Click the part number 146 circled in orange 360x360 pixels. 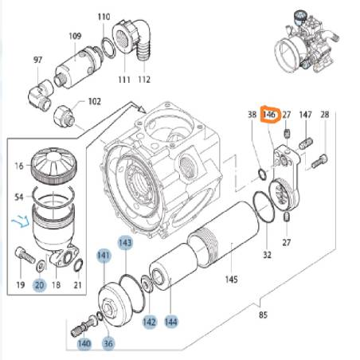click(268, 115)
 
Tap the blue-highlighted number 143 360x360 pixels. click(125, 242)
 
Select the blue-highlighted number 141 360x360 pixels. click(104, 256)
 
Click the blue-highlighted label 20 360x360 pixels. click(39, 285)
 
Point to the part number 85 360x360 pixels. click(263, 315)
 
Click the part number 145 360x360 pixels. click(231, 280)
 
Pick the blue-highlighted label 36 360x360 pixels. click(108, 343)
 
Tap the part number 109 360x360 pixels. click(75, 36)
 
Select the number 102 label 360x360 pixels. click(95, 101)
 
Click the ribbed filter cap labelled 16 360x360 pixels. click(54, 166)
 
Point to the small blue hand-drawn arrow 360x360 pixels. click(21, 221)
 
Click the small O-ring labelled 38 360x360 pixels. click(262, 174)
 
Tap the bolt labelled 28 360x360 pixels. click(319, 162)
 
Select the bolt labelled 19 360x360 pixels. click(25, 255)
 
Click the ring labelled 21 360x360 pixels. click(78, 265)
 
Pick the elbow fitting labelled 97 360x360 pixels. click(41, 94)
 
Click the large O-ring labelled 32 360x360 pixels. click(264, 207)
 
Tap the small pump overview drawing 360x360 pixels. click(305, 42)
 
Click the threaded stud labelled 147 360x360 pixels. click(306, 143)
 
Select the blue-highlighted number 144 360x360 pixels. click(170, 322)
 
